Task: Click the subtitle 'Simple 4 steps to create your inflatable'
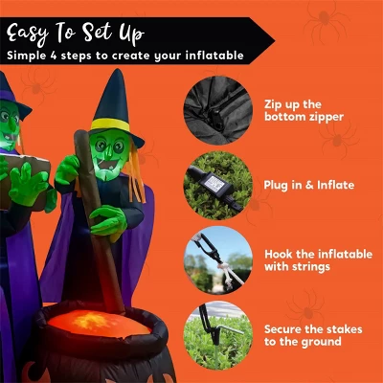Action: pos(124,56)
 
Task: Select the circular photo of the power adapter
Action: pos(217,184)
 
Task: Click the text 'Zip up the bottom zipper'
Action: pos(303,110)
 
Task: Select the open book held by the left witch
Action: pos(24,178)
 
